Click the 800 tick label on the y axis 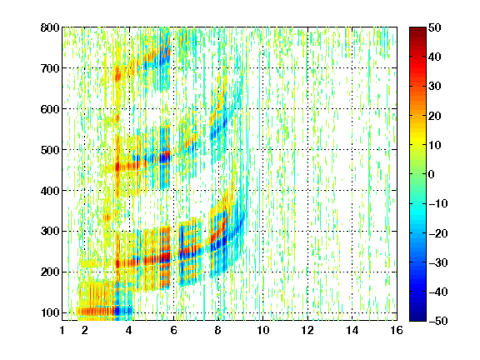[50, 27]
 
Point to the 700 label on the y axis [50, 68]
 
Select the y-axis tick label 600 [50, 109]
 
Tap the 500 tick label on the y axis [50, 150]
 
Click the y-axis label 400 [50, 191]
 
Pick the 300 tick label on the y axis [50, 232]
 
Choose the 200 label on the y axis [50, 272]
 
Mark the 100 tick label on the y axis [50, 312]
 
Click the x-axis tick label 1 [62, 330]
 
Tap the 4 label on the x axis [129, 330]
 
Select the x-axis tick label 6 [173, 330]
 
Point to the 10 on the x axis [262, 330]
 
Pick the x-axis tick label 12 [307, 330]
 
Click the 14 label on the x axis [352, 330]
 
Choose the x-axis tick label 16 [397, 330]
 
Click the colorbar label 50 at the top [435, 27]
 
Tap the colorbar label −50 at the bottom [438, 321]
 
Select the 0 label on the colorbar [432, 174]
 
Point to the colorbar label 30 [435, 87]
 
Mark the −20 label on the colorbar [438, 233]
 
